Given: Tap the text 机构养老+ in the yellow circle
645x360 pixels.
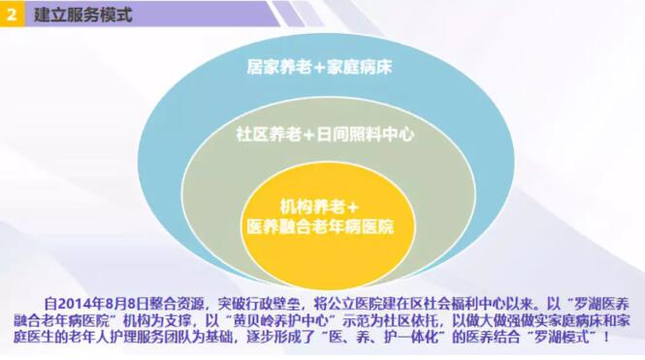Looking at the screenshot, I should [319, 207].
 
